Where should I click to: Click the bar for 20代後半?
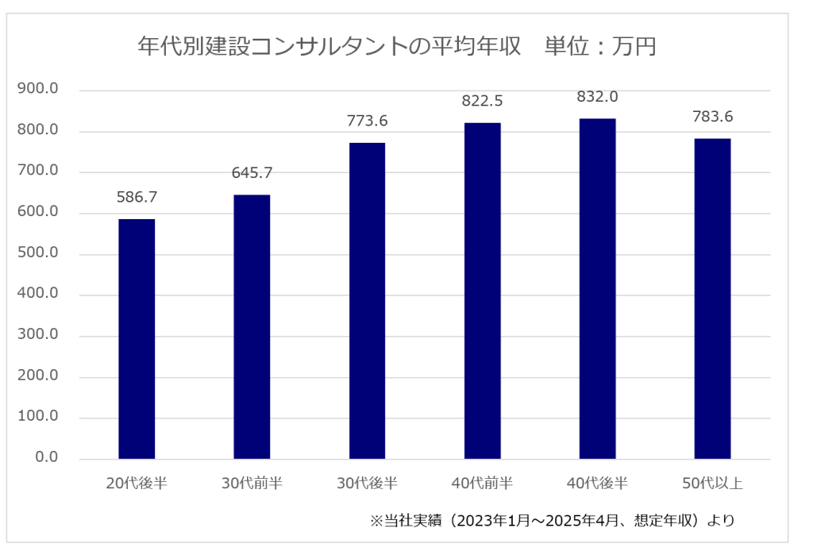point(137,339)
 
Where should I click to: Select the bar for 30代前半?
point(252,326)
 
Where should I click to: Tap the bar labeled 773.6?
point(367,301)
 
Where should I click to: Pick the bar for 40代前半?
point(482,291)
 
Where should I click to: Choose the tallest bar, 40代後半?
point(597,288)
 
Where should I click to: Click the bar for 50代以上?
point(712,299)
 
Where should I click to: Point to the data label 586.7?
point(137,197)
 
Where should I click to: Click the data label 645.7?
point(252,173)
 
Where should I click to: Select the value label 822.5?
point(482,101)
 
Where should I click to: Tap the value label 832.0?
point(597,97)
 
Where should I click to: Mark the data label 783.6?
point(712,117)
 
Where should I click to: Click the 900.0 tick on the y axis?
point(38,90)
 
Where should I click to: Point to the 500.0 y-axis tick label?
point(38,254)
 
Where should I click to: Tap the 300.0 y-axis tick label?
point(38,336)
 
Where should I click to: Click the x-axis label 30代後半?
point(367,483)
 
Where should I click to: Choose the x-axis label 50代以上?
point(712,483)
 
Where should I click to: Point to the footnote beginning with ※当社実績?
point(552,522)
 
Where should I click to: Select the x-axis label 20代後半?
point(137,483)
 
